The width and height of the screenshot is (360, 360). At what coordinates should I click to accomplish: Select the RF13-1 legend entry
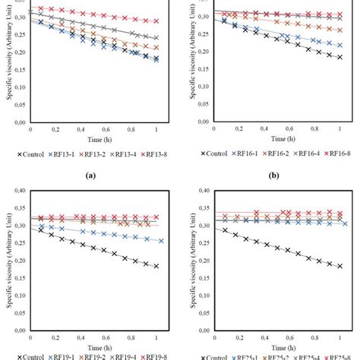pos(63,155)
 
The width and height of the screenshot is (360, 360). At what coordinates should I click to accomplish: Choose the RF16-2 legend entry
pos(277,155)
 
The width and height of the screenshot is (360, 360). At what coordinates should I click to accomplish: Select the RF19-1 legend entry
pos(63,355)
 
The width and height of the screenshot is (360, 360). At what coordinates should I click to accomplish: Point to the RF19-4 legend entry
pos(128,355)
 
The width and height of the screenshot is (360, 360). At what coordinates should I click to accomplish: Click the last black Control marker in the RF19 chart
pos(156,266)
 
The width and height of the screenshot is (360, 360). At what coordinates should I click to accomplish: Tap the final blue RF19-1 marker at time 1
pos(161,241)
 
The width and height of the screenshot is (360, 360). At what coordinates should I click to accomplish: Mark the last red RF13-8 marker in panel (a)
pos(156,22)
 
